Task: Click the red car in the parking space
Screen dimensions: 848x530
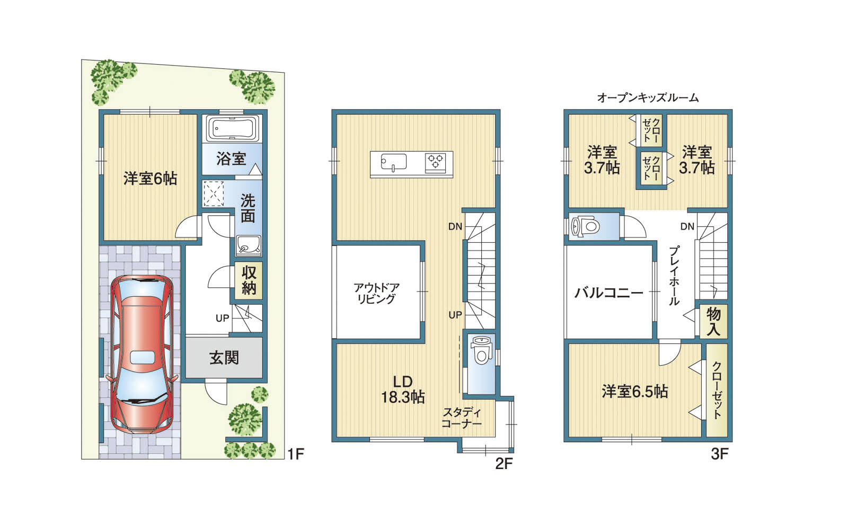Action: (x=143, y=355)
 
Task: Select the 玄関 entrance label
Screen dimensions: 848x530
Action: (x=224, y=357)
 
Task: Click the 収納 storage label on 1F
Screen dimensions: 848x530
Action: (x=249, y=280)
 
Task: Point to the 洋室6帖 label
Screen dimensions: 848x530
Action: (x=150, y=178)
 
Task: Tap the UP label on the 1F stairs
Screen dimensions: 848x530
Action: (x=222, y=318)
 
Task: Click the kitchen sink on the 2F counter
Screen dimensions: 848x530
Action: (x=394, y=162)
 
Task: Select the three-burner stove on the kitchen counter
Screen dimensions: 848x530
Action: (x=435, y=162)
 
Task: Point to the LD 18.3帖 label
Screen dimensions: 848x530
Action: (x=402, y=390)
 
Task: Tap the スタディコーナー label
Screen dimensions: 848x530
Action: (x=462, y=417)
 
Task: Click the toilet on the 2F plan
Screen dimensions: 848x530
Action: (x=480, y=350)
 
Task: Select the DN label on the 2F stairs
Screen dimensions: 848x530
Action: (x=455, y=226)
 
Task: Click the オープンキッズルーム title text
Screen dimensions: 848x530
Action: (x=648, y=98)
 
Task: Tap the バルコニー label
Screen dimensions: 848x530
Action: (x=609, y=292)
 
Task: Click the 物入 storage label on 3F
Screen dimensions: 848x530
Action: (x=713, y=321)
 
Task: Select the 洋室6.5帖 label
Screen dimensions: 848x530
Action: (x=635, y=392)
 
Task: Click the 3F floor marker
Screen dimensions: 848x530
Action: (x=719, y=454)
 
